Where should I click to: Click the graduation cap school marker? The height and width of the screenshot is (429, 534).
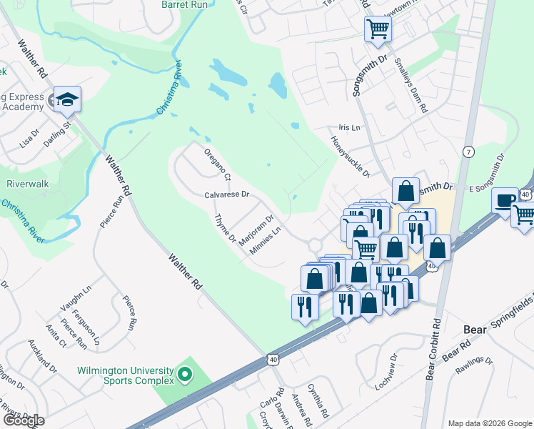(67, 100)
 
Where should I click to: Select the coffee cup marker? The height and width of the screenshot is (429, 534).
(505, 199)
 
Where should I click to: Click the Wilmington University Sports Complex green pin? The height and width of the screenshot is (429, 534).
(185, 374)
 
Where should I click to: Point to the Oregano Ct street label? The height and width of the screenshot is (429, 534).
(218, 164)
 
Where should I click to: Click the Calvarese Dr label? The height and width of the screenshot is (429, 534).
(226, 194)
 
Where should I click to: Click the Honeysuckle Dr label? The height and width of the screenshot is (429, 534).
(351, 157)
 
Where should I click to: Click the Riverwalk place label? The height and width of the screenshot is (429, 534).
(27, 184)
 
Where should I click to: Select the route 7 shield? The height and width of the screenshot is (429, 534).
(468, 152)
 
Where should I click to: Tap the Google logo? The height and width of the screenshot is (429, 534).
(24, 420)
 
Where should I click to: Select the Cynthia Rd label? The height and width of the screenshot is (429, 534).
(318, 401)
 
